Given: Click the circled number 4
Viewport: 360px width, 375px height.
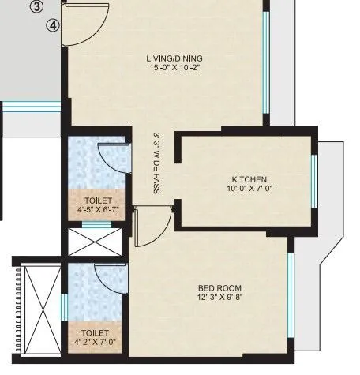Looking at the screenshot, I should (x=52, y=24).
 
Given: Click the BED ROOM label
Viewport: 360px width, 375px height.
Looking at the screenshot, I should (x=219, y=287).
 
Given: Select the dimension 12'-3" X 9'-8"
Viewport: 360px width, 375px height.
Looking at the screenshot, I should (x=219, y=298).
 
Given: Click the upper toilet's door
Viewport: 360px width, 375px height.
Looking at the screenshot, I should (x=107, y=158).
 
